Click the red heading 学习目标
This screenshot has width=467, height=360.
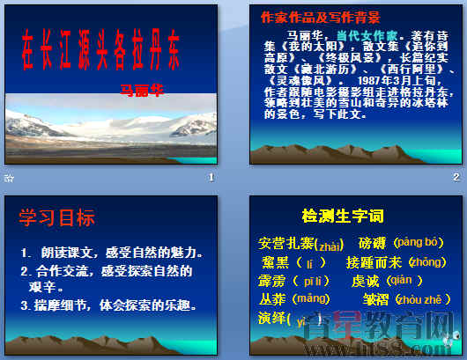[x=56, y=217]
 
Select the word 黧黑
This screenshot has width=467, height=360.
[x=276, y=262]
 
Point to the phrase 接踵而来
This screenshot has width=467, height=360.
[x=374, y=262]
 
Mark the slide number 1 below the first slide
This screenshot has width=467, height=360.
[x=211, y=178]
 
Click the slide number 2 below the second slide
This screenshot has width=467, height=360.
[x=456, y=178]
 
